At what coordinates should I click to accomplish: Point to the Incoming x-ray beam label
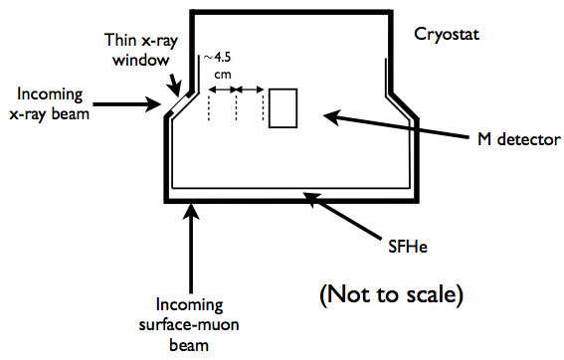[57, 103]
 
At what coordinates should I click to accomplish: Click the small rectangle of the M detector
[283, 107]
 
